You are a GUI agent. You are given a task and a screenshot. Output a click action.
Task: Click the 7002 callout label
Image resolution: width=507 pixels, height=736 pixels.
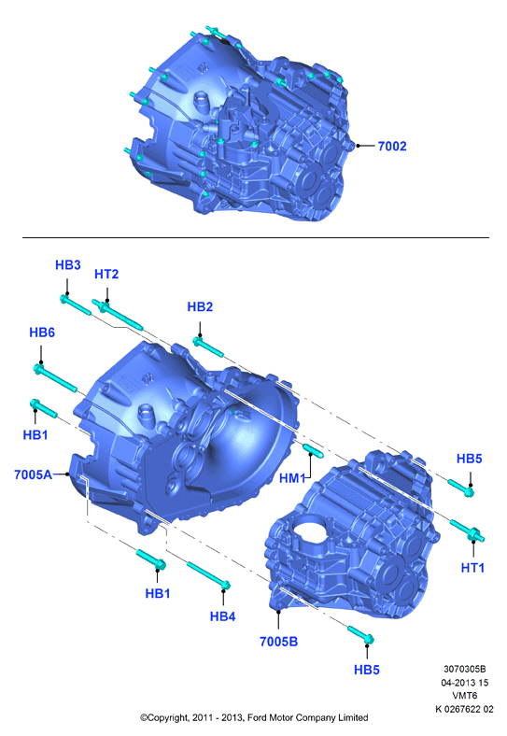pos(392,146)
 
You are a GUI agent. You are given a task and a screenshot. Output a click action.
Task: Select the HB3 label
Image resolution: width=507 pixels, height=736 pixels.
pos(68,264)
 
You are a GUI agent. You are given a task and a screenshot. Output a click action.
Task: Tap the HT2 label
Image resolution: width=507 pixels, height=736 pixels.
pos(106,274)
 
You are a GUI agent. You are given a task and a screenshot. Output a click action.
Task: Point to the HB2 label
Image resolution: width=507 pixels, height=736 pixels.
pos(200,306)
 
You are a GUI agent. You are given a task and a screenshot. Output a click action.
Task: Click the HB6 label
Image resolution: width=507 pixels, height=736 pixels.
pos(42,333)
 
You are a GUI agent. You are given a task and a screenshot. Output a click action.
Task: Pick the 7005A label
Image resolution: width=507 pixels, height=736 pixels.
pos(33,474)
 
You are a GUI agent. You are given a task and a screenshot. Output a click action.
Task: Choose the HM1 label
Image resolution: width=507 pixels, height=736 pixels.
pos(292,478)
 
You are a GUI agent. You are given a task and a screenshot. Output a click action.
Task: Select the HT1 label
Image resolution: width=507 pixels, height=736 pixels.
pos(472,568)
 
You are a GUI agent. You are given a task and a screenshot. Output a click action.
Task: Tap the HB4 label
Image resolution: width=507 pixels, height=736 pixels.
pos(222,616)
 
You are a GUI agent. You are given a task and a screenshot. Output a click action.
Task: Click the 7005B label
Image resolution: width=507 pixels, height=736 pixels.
pos(279,641)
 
